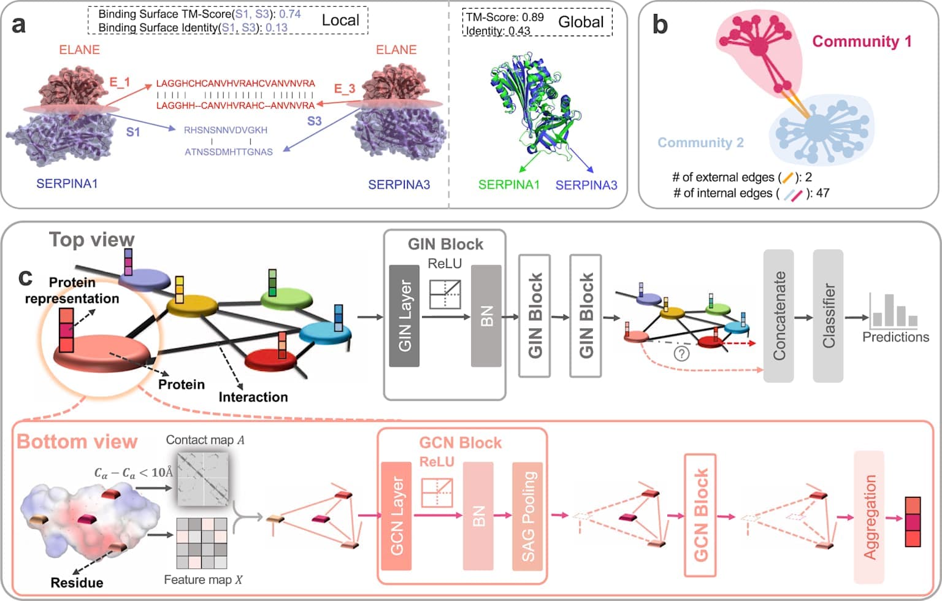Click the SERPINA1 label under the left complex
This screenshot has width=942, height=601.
click(67, 183)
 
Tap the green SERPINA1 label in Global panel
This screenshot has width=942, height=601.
click(508, 185)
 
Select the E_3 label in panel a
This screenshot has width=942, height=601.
click(345, 89)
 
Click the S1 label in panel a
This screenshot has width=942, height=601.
click(133, 132)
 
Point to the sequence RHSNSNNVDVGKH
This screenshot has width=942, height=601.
click(226, 130)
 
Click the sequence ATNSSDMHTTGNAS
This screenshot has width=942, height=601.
click(229, 151)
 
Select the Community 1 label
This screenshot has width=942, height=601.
click(862, 41)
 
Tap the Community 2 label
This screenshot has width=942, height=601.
click(700, 143)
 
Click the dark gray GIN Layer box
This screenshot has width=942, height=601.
click(404, 316)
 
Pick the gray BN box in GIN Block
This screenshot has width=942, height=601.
click(486, 316)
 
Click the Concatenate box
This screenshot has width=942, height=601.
click(778, 316)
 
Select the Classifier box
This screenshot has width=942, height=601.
click(828, 316)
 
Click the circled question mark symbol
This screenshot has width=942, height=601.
click(681, 353)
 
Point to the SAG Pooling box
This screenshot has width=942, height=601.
click(527, 516)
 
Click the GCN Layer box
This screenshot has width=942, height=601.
click(396, 516)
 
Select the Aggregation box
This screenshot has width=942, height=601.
click(869, 516)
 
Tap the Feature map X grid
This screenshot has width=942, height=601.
click(202, 543)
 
